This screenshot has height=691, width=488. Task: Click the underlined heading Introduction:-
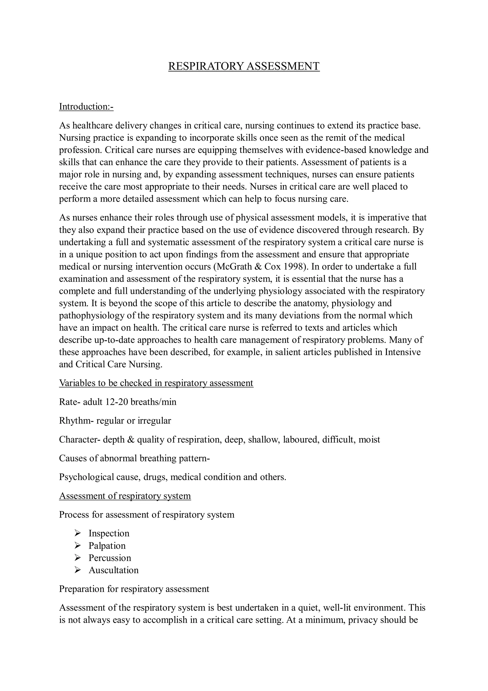point(86,107)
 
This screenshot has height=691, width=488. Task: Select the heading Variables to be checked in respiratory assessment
point(156,383)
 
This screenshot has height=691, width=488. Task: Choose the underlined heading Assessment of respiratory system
point(125,496)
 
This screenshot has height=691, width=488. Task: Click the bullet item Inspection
point(109,533)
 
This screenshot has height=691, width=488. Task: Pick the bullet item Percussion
point(110,558)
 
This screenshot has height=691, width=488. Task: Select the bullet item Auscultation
point(113,570)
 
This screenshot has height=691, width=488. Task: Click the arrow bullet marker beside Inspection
point(78,533)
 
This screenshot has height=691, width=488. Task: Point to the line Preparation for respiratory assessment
point(134,589)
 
